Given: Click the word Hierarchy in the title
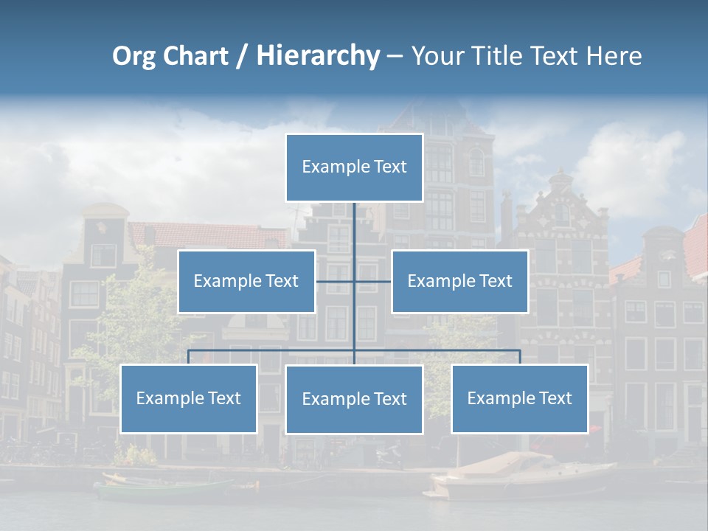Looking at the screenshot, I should point(317,56).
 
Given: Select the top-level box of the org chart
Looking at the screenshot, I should point(354,167).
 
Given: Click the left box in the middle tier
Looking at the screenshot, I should point(246,282).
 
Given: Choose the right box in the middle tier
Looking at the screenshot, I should point(459,282).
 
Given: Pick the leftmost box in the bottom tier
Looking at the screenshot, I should point(189,399).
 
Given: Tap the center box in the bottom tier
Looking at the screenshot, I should point(354,400).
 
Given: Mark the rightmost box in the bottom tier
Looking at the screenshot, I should point(519,399).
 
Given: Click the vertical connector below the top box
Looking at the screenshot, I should point(354,229).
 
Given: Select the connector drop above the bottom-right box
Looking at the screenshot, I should point(520,357).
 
